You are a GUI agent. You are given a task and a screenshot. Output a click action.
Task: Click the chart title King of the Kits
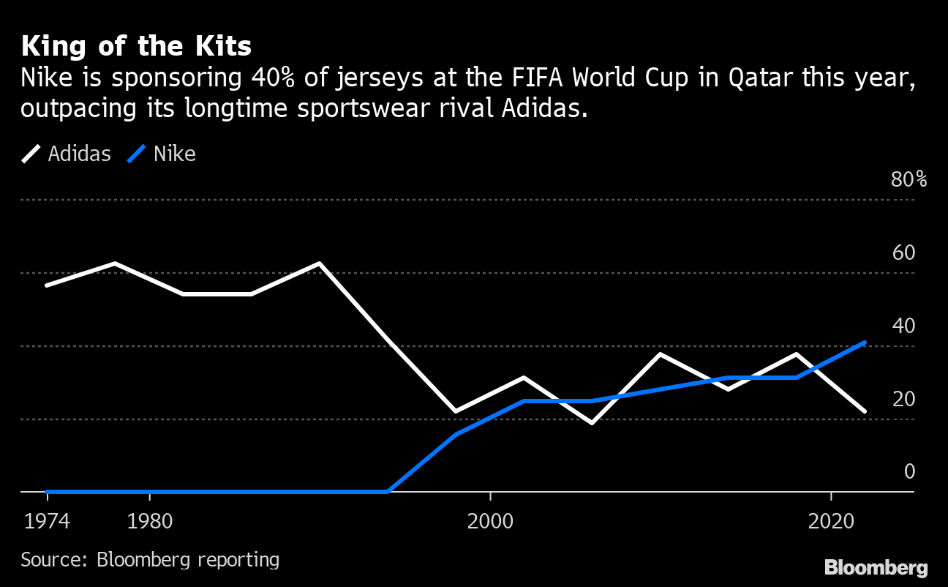click(x=136, y=47)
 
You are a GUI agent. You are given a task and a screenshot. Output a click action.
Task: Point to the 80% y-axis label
click(x=908, y=179)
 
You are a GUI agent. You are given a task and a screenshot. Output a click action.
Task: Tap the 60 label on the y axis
click(x=904, y=253)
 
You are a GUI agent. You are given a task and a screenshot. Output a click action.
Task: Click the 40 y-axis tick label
click(x=904, y=326)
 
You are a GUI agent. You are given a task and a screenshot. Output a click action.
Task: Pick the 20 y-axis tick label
click(x=904, y=399)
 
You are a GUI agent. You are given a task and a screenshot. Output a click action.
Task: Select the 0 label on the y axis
click(x=909, y=471)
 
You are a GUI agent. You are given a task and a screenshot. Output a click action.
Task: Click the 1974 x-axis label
click(x=47, y=522)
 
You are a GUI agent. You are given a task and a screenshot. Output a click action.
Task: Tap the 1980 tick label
click(x=149, y=522)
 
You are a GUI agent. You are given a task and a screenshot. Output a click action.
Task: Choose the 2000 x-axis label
click(x=490, y=522)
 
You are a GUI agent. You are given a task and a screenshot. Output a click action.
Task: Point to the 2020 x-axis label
click(x=832, y=522)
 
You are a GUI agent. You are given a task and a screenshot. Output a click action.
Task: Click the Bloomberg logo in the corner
click(x=876, y=567)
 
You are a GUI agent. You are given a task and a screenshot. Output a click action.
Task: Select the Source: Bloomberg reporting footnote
click(x=150, y=560)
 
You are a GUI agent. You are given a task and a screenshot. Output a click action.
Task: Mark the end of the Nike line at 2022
click(x=865, y=343)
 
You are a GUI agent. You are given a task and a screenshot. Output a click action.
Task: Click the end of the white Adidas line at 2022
click(x=865, y=411)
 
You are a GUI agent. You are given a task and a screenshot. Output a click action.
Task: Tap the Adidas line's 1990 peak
click(x=320, y=263)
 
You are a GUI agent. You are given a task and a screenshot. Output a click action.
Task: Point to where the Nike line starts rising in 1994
click(x=387, y=491)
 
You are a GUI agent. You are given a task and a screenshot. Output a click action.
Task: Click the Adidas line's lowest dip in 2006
click(x=592, y=422)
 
